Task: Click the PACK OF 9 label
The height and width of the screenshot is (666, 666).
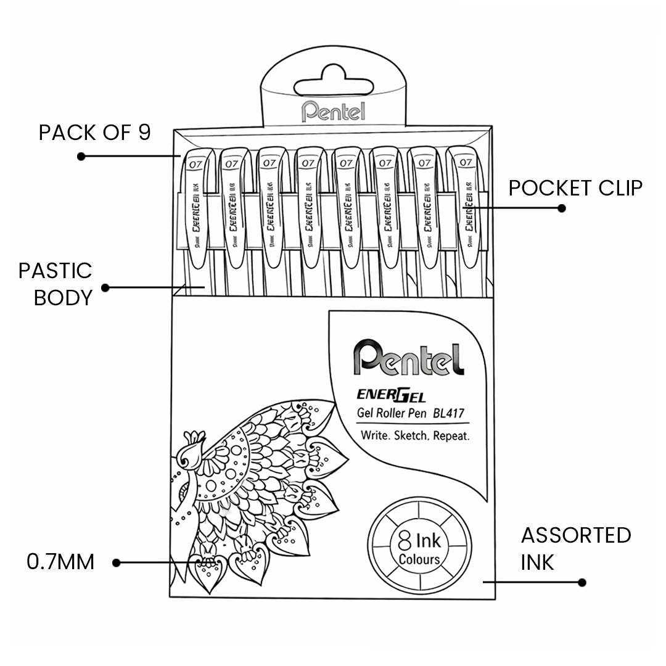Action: [94, 133]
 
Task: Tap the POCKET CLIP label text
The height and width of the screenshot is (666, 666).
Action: [575, 187]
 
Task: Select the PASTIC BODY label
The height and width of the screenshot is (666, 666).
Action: [55, 284]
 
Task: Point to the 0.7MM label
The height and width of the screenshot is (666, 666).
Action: [60, 562]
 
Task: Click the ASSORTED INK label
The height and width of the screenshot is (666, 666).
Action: [575, 548]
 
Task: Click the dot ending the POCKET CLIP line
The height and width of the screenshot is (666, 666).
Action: [561, 208]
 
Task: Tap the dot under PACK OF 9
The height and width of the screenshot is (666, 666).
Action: [81, 157]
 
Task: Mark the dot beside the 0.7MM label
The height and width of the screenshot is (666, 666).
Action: [116, 562]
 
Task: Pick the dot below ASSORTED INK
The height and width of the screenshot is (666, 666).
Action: [582, 582]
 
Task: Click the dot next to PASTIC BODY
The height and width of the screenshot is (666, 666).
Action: [105, 287]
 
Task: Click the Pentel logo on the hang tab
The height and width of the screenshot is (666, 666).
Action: [333, 111]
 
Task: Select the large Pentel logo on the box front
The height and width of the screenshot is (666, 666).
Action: [409, 358]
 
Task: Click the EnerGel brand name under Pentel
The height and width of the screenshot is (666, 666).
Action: [391, 394]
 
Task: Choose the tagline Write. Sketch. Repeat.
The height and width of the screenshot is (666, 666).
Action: [416, 435]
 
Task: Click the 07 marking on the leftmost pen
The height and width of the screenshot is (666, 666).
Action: [196, 164]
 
